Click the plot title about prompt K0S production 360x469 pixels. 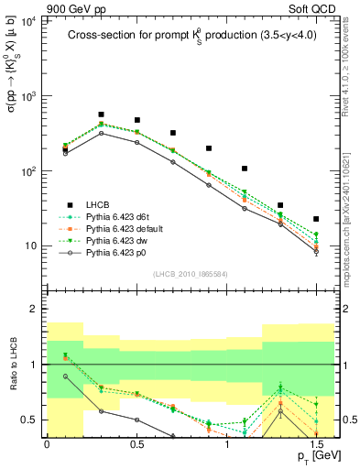click(190, 37)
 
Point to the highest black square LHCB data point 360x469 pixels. click(101, 115)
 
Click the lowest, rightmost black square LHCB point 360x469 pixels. click(316, 219)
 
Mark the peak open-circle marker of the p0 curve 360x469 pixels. click(101, 133)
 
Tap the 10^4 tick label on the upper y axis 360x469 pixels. click(27, 20)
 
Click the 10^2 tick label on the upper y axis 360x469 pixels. click(27, 170)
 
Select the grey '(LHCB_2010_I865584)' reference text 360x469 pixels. click(190, 273)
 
